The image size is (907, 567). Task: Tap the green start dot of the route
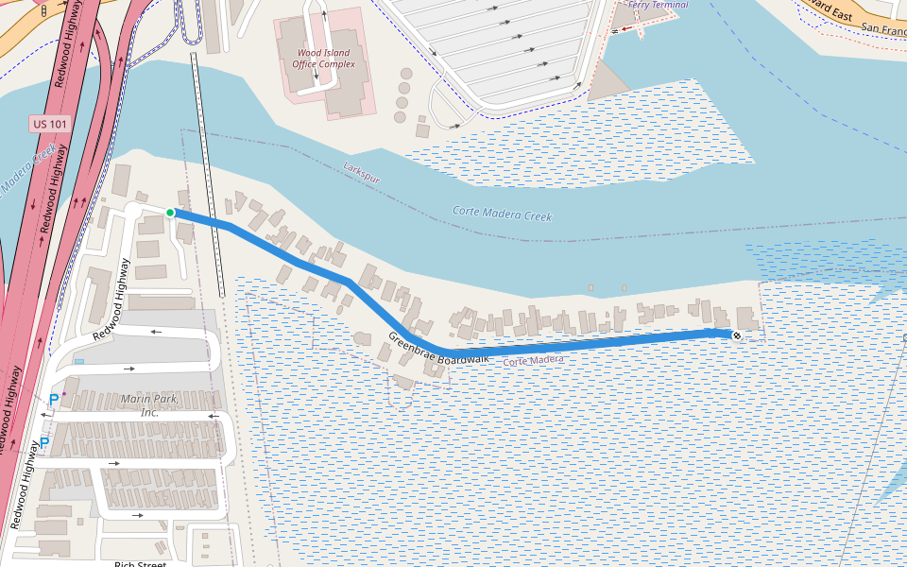pos(170,213)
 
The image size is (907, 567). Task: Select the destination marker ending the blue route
pos(737,335)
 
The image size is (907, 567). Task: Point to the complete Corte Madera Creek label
pos(502,215)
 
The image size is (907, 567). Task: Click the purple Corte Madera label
pos(533,361)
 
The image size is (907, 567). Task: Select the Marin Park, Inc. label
pos(149,405)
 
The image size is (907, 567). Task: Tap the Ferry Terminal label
pos(658,5)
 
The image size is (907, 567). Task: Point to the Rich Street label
pos(140,564)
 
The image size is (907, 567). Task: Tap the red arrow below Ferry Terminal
pos(625,28)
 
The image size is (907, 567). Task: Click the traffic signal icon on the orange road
pos(43,10)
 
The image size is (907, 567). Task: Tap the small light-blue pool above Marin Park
pos(78,362)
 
